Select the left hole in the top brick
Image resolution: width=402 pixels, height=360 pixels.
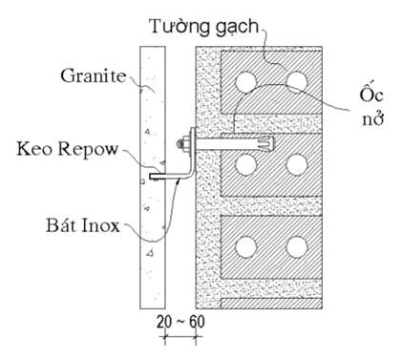[250, 80]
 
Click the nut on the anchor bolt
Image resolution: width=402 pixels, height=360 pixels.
[180, 145]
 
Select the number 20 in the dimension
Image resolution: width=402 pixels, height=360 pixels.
[165, 323]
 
